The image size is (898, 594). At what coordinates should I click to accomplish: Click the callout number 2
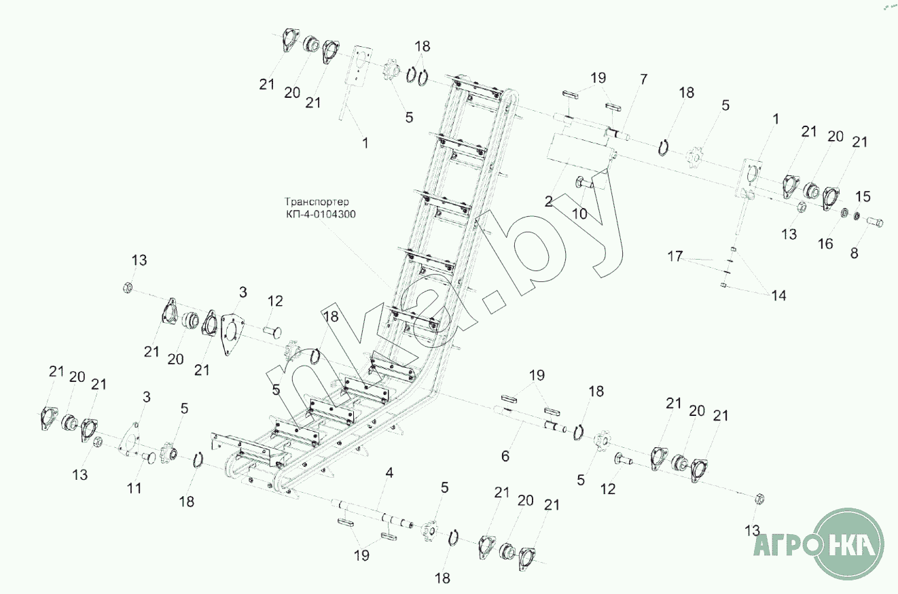(548, 202)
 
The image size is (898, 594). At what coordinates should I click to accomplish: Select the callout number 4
(389, 472)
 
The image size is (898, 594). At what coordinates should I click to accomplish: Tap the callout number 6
(505, 456)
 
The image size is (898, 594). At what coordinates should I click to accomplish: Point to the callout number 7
(643, 80)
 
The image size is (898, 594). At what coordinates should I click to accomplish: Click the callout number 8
(855, 253)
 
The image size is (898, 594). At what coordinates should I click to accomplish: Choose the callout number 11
(134, 487)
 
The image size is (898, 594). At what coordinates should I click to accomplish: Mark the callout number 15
(862, 196)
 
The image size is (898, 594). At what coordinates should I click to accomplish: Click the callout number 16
(825, 243)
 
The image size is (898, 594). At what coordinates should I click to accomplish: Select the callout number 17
(675, 257)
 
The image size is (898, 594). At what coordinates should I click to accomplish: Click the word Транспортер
(317, 202)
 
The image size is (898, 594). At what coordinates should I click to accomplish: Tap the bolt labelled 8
(875, 222)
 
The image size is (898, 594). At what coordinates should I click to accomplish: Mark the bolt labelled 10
(583, 181)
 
